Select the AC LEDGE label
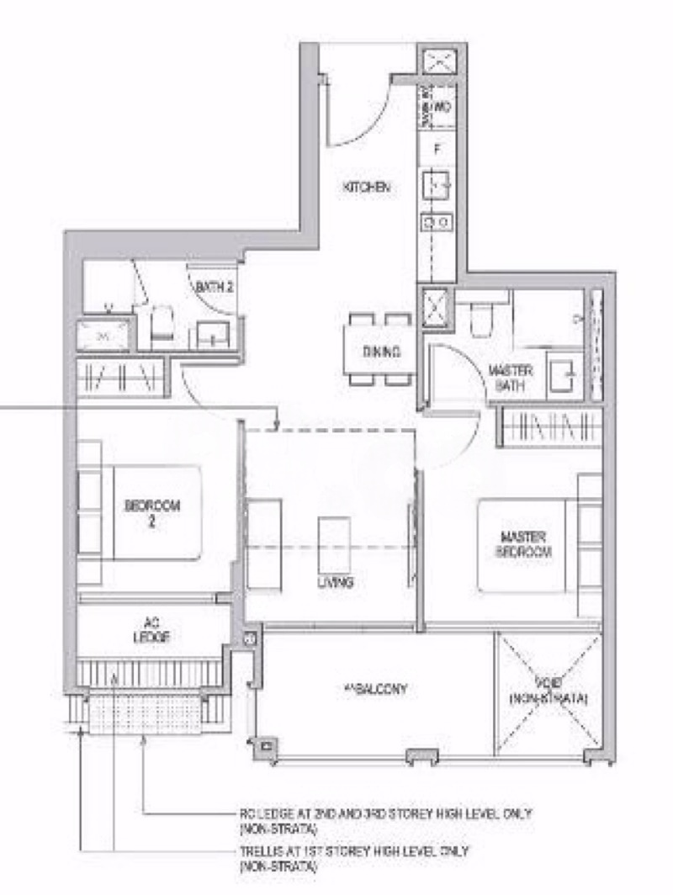click(151, 631)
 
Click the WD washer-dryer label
click(442, 107)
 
